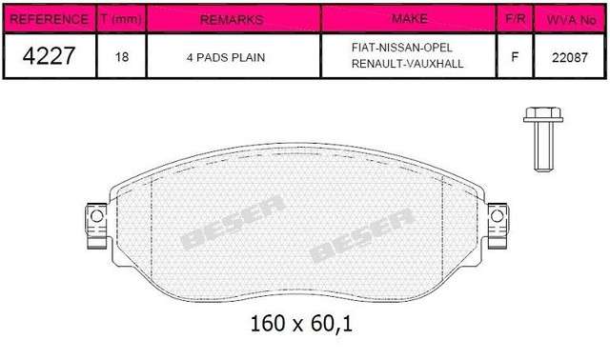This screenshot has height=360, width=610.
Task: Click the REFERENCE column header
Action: pyautogui.click(x=49, y=19)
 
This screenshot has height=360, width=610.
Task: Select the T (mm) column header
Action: pyautogui.click(x=121, y=18)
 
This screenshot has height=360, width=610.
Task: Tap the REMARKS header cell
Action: pyautogui.click(x=232, y=19)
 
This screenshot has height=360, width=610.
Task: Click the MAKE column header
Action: pyautogui.click(x=409, y=18)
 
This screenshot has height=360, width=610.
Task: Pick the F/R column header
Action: pyautogui.click(x=515, y=18)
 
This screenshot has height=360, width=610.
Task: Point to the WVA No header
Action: pyautogui.click(x=571, y=19)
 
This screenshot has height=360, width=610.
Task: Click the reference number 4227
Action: pyautogui.click(x=49, y=55)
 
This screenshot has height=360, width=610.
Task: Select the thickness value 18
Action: pyautogui.click(x=122, y=57)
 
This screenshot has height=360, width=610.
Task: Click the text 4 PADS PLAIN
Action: pyautogui.click(x=226, y=57)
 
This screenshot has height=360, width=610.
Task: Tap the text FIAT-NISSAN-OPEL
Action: pyautogui.click(x=402, y=48)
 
